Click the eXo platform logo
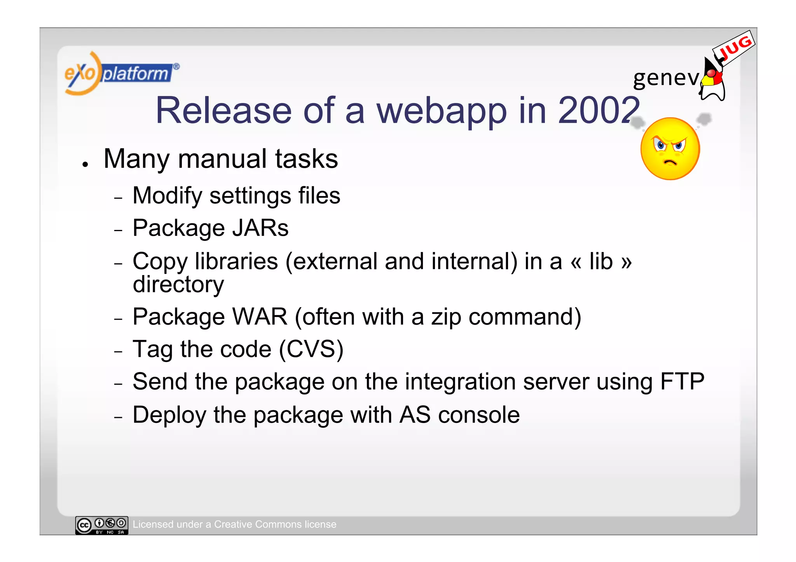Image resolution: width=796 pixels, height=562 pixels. coord(120,73)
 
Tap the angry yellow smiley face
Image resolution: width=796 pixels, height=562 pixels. coord(670,149)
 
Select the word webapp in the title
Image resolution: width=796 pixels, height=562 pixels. coord(442,111)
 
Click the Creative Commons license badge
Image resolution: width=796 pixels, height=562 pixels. coord(101,525)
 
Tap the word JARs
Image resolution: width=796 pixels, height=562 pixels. coord(260,228)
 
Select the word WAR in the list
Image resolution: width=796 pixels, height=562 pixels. coord(259,317)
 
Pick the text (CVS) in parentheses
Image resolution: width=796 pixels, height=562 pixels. coord(311,349)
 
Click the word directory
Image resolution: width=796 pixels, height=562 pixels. coord(178,285)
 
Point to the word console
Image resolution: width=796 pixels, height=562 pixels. coord(479,415)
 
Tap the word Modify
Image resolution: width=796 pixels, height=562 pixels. coord(167,196)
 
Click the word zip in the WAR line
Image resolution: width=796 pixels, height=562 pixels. coord(446,317)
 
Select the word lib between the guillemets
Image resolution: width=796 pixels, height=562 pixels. coord(601,261)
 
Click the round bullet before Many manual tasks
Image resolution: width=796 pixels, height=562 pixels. coord(85,164)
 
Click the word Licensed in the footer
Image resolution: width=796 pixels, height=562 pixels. coord(152,524)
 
